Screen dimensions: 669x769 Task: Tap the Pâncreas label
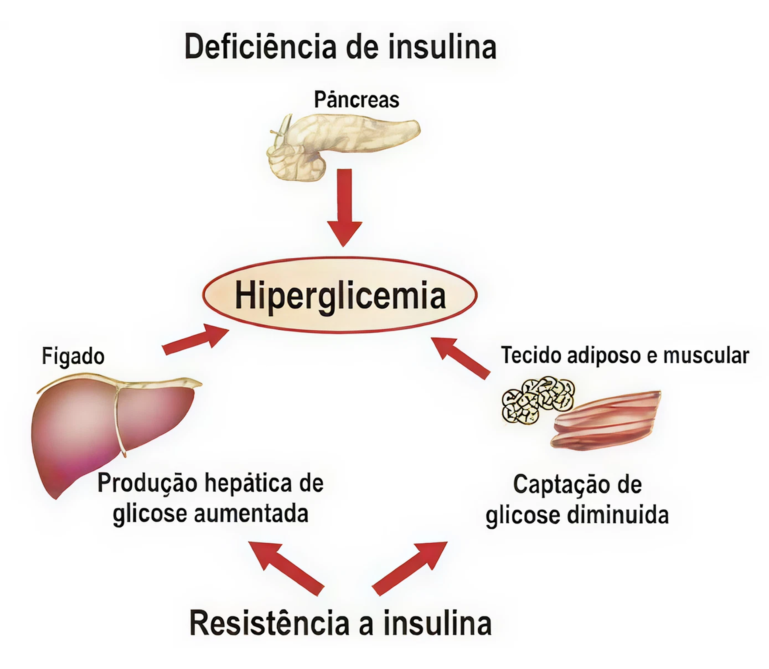click(356, 99)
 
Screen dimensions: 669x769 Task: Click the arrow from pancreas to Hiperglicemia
click(344, 207)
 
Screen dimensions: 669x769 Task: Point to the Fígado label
click(73, 356)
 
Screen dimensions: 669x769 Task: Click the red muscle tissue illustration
click(606, 421)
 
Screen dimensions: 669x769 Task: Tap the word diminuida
click(618, 515)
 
